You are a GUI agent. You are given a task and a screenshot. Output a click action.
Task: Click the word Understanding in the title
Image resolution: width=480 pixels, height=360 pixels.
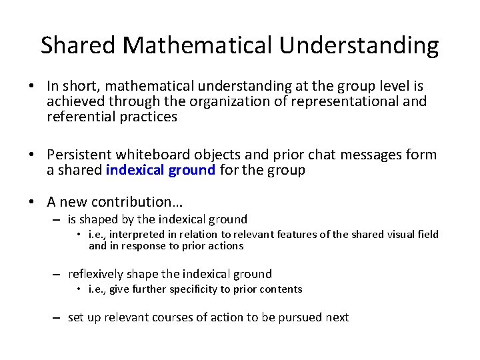pos(359,46)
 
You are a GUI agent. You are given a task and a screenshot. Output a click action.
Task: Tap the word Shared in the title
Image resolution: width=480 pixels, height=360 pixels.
pos(79,45)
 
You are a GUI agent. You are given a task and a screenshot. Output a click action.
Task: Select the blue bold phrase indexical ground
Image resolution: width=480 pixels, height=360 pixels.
pos(161,170)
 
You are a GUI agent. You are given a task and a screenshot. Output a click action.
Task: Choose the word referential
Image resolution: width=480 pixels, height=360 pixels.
pos(79,117)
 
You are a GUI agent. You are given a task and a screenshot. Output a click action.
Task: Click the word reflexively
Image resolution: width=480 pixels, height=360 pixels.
pos(96,273)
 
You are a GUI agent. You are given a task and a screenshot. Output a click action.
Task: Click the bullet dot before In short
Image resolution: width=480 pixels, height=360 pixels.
pos(32,86)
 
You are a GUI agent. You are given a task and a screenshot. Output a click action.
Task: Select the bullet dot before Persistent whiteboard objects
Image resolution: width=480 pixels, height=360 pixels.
pos(32,155)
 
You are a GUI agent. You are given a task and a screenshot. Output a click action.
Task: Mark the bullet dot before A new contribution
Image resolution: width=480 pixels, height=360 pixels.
pos(32,202)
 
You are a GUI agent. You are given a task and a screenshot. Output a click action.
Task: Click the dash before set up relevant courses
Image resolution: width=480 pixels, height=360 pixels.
pos(59,318)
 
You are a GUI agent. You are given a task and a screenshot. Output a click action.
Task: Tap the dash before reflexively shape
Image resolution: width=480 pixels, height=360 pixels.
pos(59,274)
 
